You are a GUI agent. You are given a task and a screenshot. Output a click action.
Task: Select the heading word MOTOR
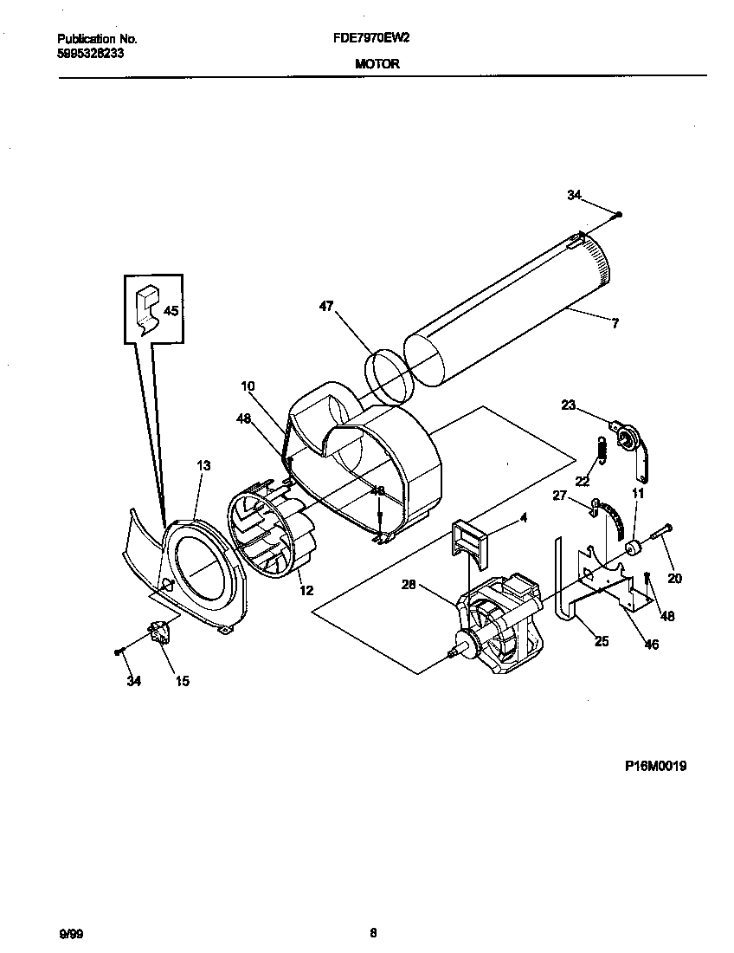[x=377, y=64]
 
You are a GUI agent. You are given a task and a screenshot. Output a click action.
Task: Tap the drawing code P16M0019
[x=655, y=766]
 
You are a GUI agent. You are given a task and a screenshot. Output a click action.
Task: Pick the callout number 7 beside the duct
[x=615, y=324]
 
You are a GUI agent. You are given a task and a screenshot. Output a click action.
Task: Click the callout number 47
[x=325, y=306]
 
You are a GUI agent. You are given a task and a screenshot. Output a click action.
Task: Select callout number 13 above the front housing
[x=203, y=466]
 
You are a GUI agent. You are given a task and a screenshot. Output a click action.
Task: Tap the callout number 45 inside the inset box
[x=171, y=311]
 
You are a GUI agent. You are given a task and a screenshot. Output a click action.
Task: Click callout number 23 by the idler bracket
[x=568, y=404]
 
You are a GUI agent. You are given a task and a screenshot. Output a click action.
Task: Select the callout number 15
[x=182, y=681]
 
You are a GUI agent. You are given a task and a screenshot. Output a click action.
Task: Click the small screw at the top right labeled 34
[x=620, y=214]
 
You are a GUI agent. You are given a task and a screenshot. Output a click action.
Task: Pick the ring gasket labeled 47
[x=387, y=378]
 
